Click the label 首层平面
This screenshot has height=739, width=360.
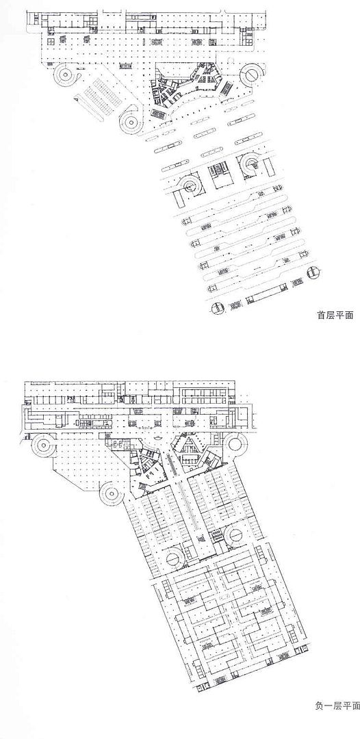pyautogui.click(x=335, y=315)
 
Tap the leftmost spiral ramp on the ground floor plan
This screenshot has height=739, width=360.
pyautogui.click(x=67, y=75)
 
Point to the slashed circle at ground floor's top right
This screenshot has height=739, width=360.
pyautogui.click(x=251, y=75)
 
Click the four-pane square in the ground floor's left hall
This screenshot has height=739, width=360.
pyautogui.click(x=51, y=40)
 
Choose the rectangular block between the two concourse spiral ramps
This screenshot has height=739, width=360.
pyautogui.click(x=220, y=174)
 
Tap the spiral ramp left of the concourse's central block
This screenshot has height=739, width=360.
pyautogui.click(x=192, y=185)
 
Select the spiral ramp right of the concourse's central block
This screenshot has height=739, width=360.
pyautogui.click(x=250, y=164)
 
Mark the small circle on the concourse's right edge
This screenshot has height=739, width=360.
pyautogui.click(x=313, y=272)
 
